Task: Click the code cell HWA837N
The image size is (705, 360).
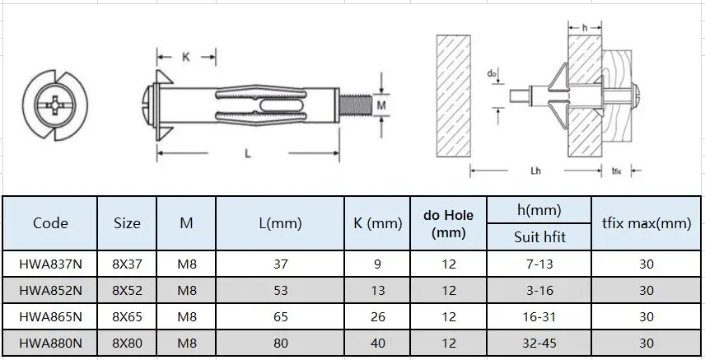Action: [50, 264]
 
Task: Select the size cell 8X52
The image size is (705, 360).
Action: [127, 290]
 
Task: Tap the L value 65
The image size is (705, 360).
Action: [280, 317]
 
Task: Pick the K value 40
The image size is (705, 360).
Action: [377, 344]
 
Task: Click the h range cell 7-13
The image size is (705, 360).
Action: [539, 264]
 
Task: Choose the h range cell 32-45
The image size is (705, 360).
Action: [539, 344]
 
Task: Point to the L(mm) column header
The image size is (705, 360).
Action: [280, 223]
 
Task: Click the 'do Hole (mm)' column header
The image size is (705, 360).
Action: [448, 223]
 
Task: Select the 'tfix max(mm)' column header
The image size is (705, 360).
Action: [646, 223]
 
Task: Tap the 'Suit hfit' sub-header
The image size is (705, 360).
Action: [539, 237]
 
